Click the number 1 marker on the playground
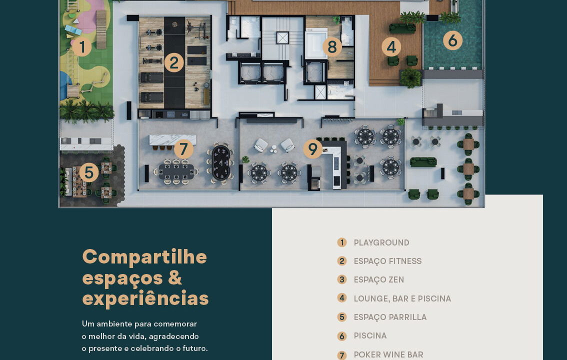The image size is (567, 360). (x=81, y=47)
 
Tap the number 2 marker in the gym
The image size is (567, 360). (x=174, y=62)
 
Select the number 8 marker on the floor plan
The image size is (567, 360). (x=332, y=46)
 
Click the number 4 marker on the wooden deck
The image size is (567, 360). (x=391, y=46)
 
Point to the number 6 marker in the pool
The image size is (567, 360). (x=452, y=40)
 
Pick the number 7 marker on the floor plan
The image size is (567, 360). (x=183, y=149)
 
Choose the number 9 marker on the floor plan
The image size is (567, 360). (x=313, y=149)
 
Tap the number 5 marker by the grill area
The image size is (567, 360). (x=89, y=172)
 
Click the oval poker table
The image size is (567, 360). (x=220, y=163)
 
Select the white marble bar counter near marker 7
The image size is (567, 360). (x=173, y=140)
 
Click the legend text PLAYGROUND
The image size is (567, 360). (x=381, y=242)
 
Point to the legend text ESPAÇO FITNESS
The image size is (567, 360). (x=387, y=261)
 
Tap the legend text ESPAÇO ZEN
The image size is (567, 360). (x=379, y=280)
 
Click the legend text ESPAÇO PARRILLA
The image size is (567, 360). (x=390, y=317)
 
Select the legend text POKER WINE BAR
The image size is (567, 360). (x=388, y=354)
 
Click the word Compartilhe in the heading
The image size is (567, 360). (x=144, y=257)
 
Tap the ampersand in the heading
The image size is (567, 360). (x=175, y=277)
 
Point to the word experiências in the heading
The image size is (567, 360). (x=145, y=298)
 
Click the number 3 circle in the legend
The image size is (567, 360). (x=341, y=279)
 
